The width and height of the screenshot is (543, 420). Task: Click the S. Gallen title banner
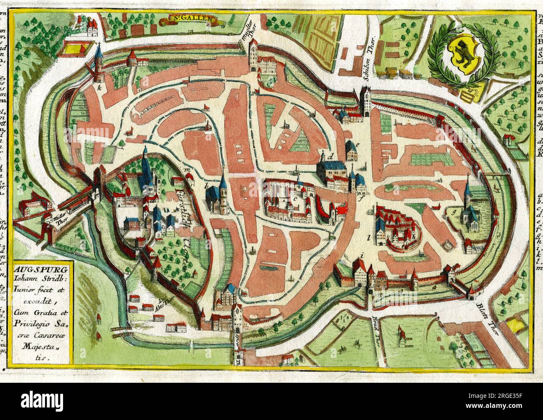[193, 18]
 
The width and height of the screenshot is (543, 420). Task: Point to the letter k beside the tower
[99, 89]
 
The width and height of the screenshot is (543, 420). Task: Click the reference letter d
[331, 158]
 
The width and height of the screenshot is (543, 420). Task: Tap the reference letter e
[358, 144]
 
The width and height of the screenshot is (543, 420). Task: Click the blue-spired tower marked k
[99, 65]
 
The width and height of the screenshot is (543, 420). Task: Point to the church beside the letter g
[470, 207]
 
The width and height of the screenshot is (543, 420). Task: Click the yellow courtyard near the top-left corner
[79, 50]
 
